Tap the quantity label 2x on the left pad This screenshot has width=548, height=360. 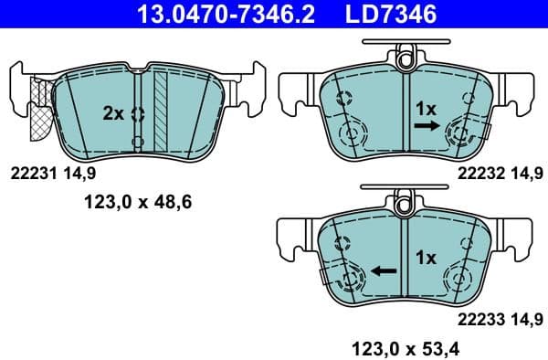[x=112, y=113]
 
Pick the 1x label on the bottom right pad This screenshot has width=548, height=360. [x=427, y=258]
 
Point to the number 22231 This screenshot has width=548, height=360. [x=32, y=171]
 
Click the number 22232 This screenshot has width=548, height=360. [x=478, y=171]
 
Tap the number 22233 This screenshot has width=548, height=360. [x=478, y=319]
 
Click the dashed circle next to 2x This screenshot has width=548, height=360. [x=138, y=114]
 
